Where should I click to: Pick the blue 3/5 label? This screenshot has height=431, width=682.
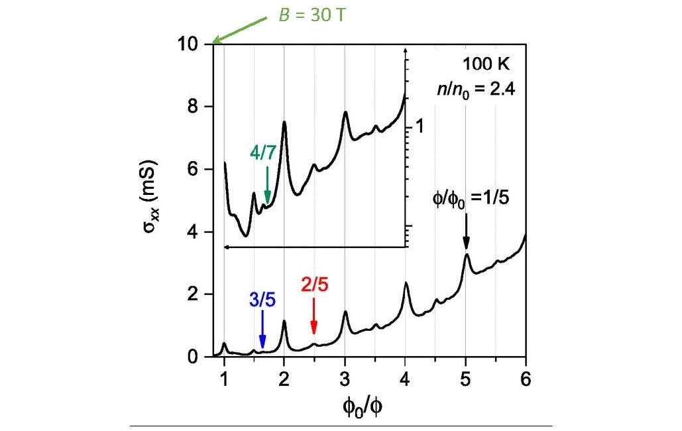pos(262,299)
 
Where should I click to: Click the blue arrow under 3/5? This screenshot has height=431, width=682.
pos(262,328)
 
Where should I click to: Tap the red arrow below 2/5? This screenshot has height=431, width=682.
pos(313,318)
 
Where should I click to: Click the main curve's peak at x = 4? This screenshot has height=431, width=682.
pos(405,284)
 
